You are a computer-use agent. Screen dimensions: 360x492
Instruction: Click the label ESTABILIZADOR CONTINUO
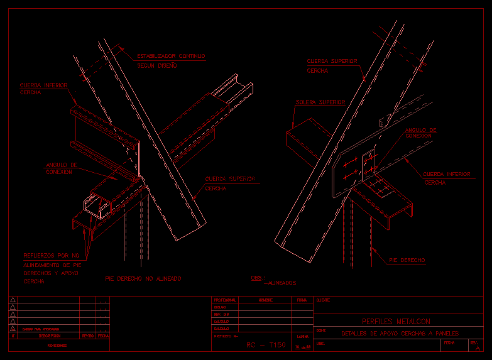(x=171, y=57)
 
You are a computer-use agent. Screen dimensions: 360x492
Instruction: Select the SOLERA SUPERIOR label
(x=320, y=102)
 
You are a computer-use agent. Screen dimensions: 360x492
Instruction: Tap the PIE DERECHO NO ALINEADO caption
(x=143, y=278)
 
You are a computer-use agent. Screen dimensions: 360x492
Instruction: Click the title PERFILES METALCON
(x=396, y=322)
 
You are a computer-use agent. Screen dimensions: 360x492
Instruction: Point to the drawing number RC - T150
(x=265, y=345)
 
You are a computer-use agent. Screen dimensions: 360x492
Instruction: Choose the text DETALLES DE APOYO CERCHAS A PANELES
(x=400, y=333)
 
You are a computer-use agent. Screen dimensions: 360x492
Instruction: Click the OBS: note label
(x=258, y=277)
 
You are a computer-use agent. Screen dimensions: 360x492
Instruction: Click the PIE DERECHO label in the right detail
(x=407, y=259)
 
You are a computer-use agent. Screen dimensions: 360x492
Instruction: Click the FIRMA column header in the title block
(x=302, y=300)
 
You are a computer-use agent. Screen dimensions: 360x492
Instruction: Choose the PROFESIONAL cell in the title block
(x=224, y=300)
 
